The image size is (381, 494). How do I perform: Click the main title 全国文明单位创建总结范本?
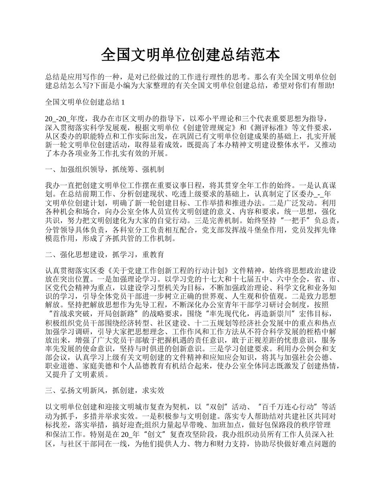point(190,55)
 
